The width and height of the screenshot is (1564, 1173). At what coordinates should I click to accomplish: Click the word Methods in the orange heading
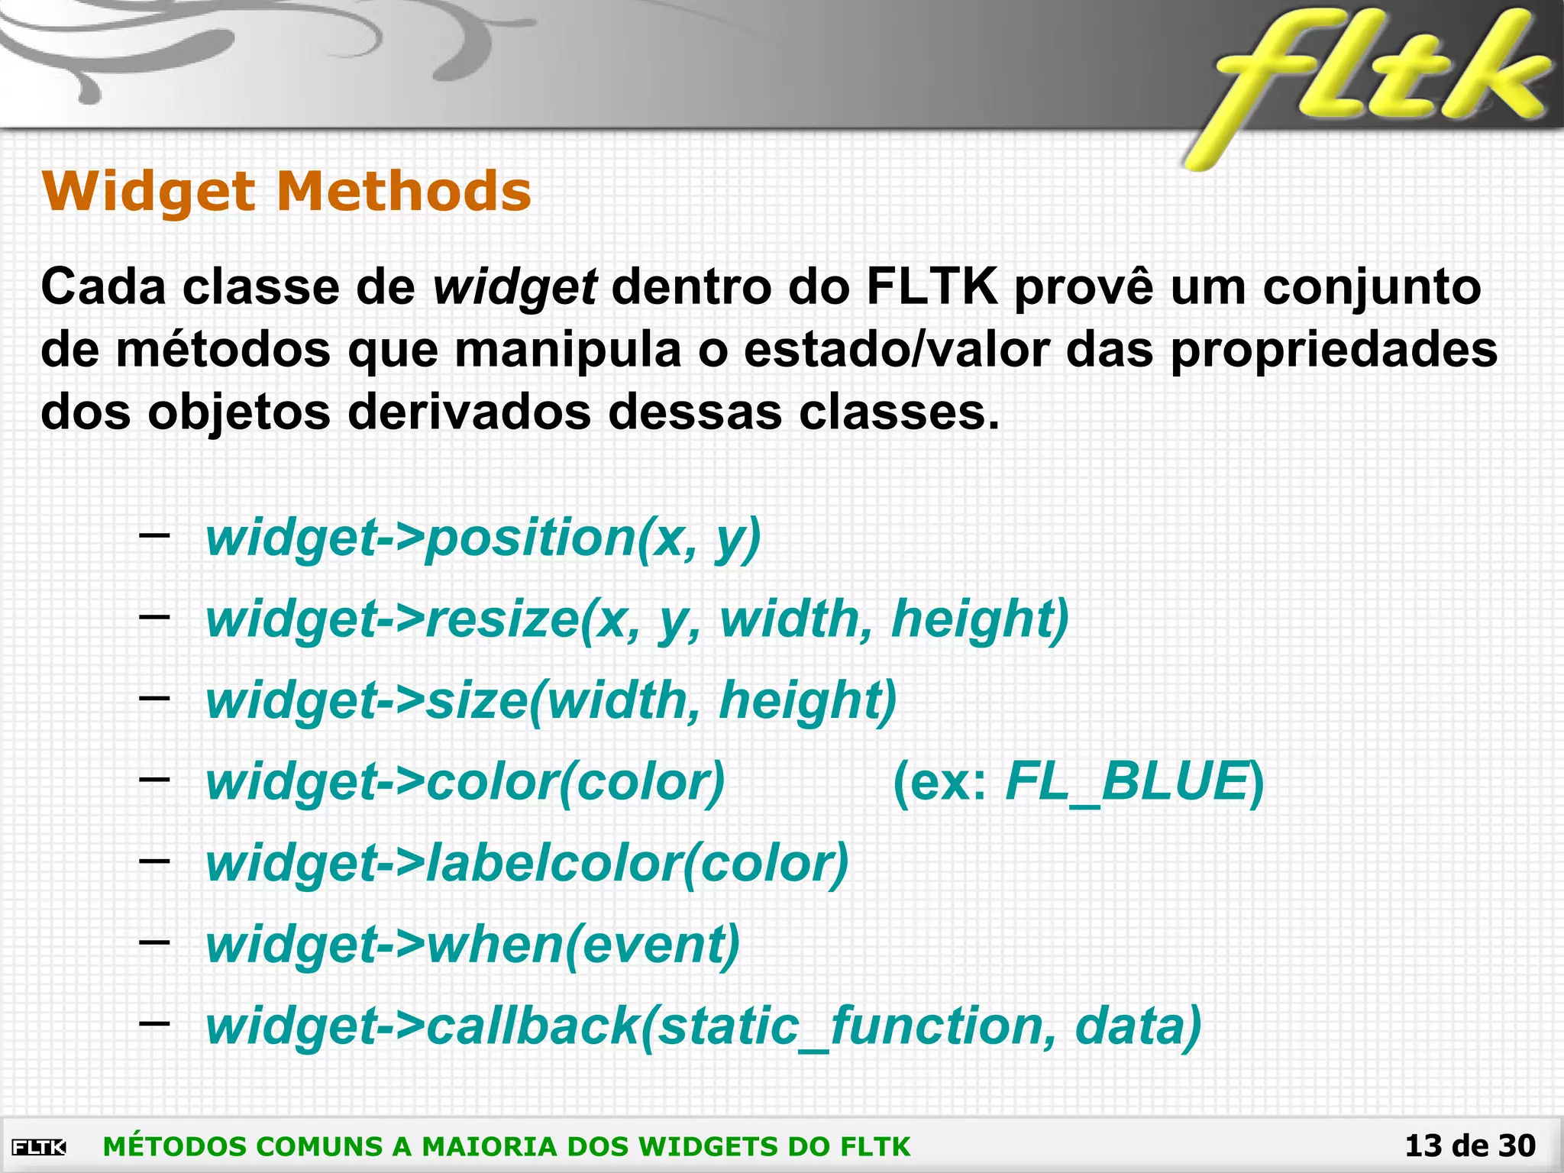pyautogui.click(x=404, y=191)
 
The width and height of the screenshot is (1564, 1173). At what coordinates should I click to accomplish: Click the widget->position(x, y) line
pyautogui.click(x=483, y=538)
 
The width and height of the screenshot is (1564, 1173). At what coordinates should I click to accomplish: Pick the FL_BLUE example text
pyautogui.click(x=1127, y=782)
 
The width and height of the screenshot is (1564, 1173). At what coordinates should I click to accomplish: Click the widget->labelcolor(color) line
pyautogui.click(x=527, y=864)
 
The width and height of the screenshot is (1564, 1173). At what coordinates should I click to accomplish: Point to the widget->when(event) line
pyautogui.click(x=473, y=945)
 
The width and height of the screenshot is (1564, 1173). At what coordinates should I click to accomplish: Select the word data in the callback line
pyautogui.click(x=1138, y=1026)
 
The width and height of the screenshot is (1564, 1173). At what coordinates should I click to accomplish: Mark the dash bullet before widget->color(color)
pyautogui.click(x=154, y=778)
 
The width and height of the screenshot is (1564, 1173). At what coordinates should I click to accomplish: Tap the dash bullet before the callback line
pyautogui.click(x=154, y=1022)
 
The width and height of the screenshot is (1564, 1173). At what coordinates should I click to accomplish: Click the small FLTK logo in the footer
pyautogui.click(x=39, y=1147)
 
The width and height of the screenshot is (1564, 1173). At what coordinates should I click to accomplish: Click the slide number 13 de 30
pyautogui.click(x=1470, y=1146)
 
